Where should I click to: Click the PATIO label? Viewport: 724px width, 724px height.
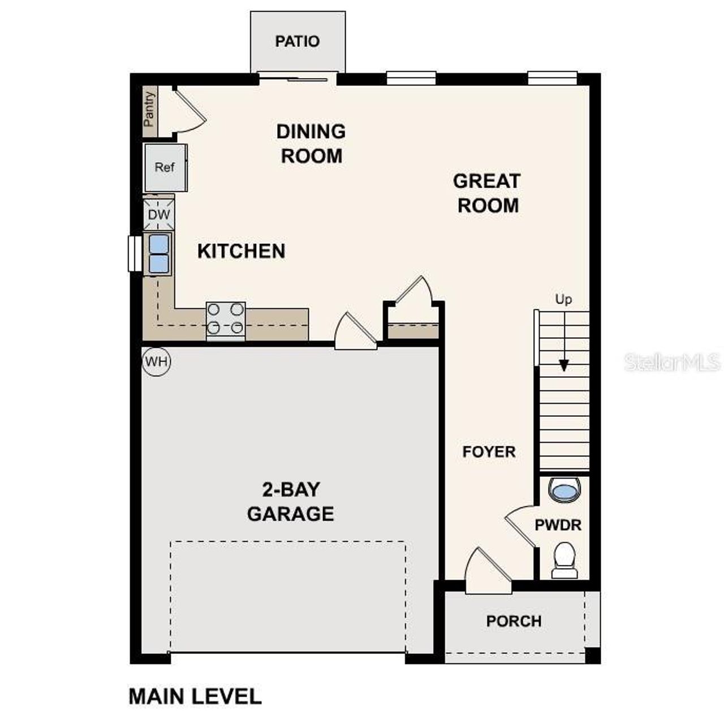point(298,41)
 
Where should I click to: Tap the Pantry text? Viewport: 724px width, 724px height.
point(149,109)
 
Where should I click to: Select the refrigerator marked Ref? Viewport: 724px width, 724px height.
point(165,167)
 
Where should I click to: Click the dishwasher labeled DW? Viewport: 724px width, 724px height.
point(159,215)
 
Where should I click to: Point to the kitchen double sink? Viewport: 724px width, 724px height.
point(159,253)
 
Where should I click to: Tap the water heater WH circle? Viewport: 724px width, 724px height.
point(157,361)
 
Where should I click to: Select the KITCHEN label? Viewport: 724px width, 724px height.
point(241,251)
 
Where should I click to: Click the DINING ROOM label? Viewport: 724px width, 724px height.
point(311,144)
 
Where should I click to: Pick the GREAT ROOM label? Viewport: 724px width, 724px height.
point(487,193)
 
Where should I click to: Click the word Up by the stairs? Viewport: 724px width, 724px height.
point(563,299)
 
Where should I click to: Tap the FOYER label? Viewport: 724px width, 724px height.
point(489,452)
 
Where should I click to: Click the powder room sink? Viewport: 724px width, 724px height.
point(564,490)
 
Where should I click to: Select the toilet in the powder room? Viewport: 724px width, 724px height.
point(564,561)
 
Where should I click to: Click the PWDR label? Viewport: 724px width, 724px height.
point(558,525)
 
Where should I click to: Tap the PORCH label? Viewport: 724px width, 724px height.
point(514,621)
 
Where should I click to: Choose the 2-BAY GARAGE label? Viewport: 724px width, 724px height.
point(291,501)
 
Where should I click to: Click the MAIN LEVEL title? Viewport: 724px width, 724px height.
point(195,696)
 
